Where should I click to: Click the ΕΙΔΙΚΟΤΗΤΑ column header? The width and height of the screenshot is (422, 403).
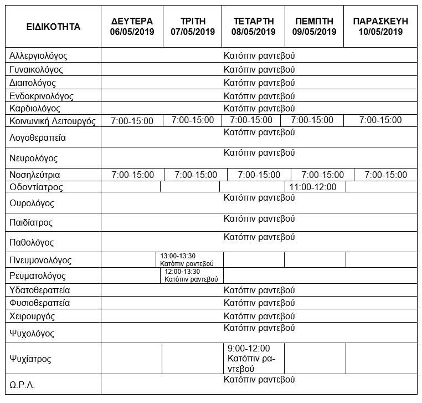tap(53, 27)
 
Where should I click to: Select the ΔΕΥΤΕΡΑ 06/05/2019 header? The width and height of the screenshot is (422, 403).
tap(132, 27)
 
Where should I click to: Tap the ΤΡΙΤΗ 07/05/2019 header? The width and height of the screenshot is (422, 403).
tap(192, 27)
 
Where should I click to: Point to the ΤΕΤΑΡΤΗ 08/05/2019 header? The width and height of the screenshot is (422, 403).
tap(253, 27)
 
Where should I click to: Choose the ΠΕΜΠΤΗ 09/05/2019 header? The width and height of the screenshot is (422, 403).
tap(314, 27)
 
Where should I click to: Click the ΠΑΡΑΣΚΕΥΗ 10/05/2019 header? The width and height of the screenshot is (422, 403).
tap(380, 27)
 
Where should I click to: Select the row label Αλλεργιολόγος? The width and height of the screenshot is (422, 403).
tap(38, 56)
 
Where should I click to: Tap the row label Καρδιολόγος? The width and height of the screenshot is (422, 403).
tap(35, 108)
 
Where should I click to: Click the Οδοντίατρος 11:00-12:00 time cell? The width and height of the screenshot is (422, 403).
tap(313, 187)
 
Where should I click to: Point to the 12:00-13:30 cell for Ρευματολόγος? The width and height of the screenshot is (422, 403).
tap(191, 276)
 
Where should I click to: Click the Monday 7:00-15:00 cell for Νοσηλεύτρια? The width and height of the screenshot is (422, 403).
tap(133, 175)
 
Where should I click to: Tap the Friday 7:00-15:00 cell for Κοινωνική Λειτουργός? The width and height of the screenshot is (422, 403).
tap(380, 120)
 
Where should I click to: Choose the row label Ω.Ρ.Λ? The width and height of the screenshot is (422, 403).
tap(22, 385)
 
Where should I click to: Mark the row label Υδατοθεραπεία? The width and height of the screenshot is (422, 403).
tap(40, 290)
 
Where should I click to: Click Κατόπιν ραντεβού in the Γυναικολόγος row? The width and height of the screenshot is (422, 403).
tap(259, 70)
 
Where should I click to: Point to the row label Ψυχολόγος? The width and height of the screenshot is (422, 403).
tap(32, 334)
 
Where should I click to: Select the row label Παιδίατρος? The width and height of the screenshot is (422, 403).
tap(31, 223)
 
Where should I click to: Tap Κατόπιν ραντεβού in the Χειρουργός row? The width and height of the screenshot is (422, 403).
tap(259, 316)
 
